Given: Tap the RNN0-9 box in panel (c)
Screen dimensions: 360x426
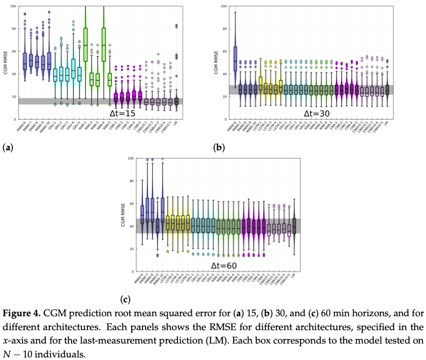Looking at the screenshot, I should [157, 226].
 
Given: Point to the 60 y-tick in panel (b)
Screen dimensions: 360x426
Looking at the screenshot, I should [224, 52].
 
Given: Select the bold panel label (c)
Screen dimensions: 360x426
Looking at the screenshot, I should [125, 299].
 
